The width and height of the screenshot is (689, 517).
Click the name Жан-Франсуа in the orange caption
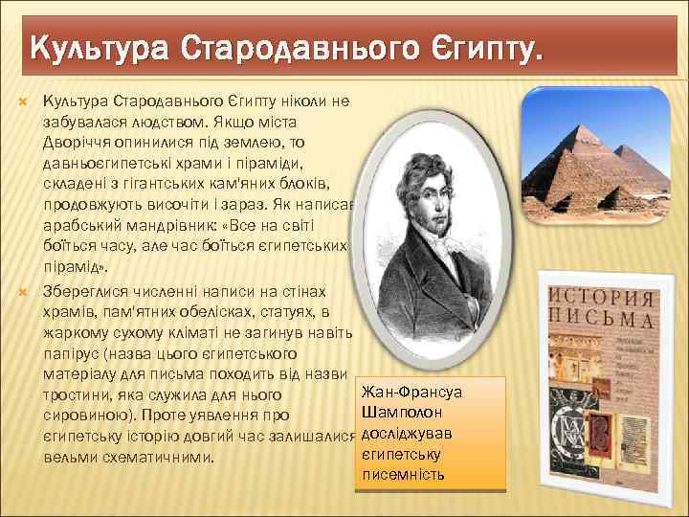click(x=408, y=393)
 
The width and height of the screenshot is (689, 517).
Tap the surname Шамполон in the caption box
click(x=402, y=413)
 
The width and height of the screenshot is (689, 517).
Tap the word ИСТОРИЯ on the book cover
click(x=601, y=292)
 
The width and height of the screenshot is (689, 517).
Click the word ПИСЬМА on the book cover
click(x=601, y=315)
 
